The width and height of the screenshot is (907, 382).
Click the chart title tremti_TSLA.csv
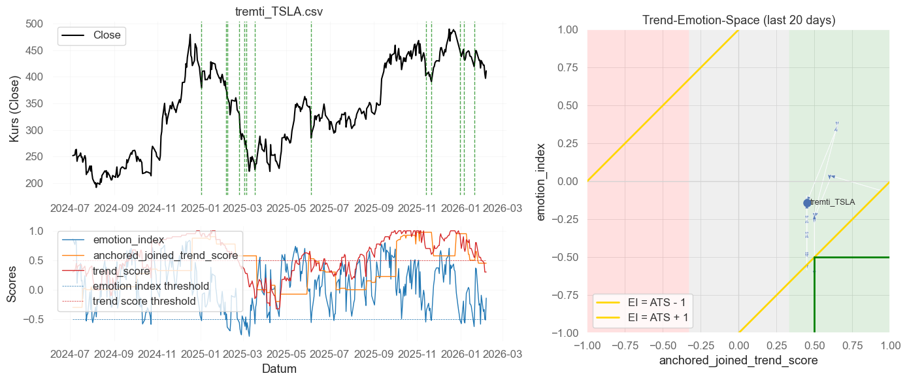click(278, 12)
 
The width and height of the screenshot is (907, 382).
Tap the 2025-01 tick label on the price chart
click(201, 209)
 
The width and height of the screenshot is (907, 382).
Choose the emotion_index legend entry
click(128, 240)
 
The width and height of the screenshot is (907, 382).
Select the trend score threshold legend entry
click(144, 301)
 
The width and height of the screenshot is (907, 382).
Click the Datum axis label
click(279, 369)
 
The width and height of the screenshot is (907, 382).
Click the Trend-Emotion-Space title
click(738, 20)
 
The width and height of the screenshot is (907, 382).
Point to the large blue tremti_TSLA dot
click(807, 203)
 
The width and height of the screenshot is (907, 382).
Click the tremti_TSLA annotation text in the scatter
click(833, 202)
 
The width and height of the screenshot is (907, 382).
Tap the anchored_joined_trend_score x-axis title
click(738, 360)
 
